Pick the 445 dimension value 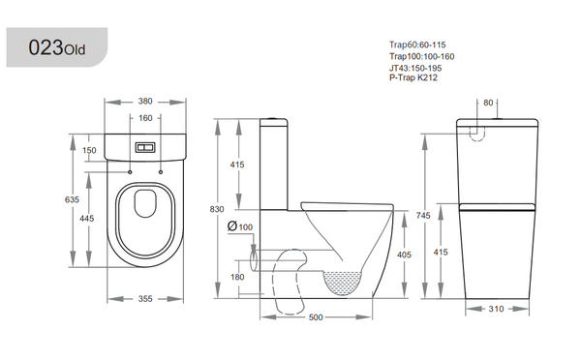pos(88,219)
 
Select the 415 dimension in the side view pos(237,165)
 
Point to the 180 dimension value pos(237,277)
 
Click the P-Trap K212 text pos(412,77)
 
